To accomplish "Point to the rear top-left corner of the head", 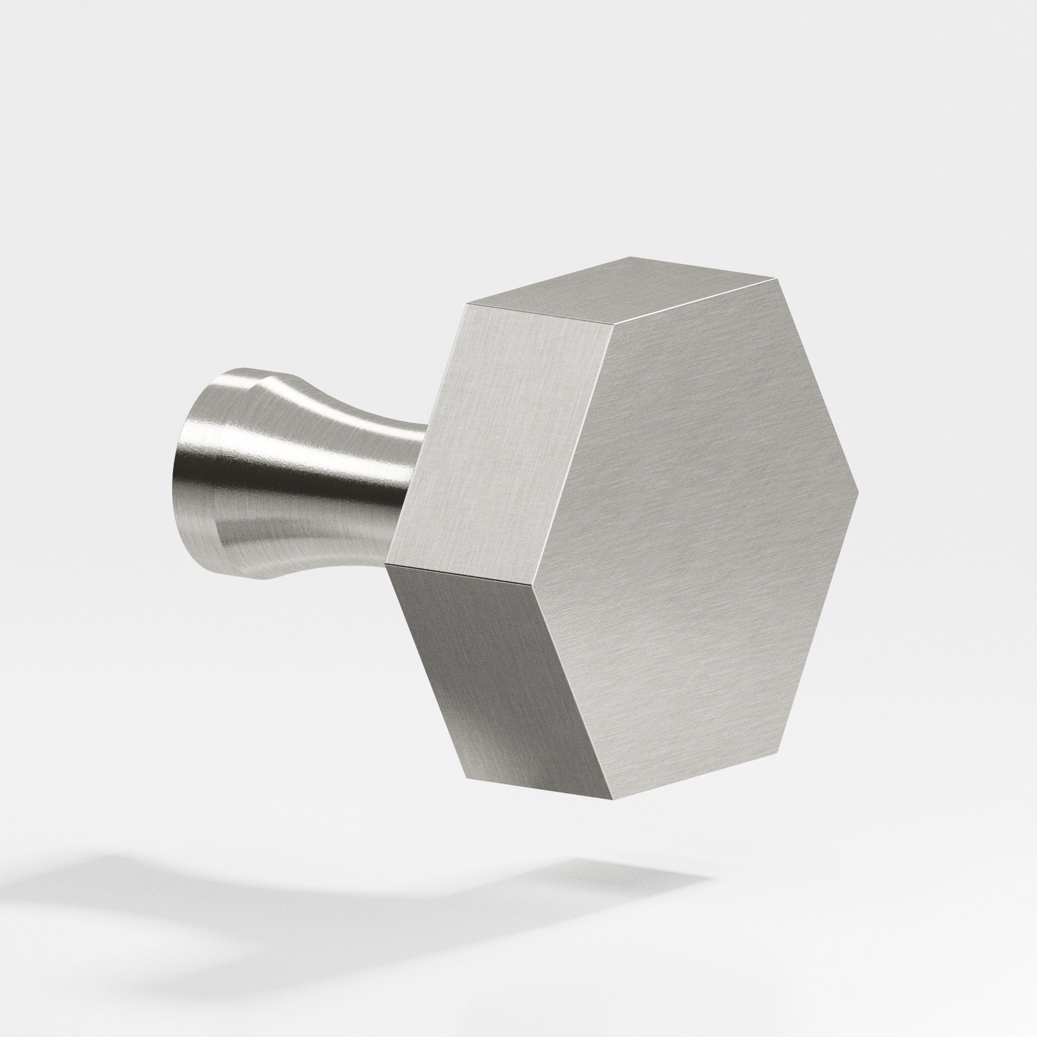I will (x=468, y=304).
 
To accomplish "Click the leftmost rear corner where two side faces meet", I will (x=386, y=565).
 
